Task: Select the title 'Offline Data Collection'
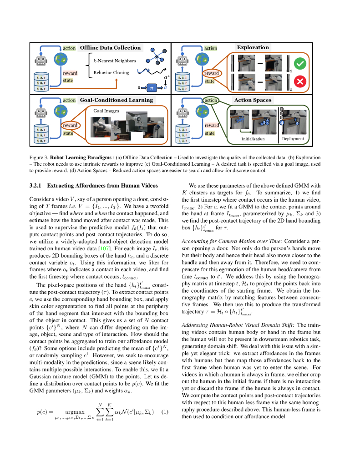point(110,47)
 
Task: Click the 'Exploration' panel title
point(253,47)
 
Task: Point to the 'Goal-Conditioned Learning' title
point(117,100)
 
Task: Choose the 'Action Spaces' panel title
point(253,100)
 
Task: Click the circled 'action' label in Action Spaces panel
point(211,101)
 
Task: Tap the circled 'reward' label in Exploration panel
point(211,73)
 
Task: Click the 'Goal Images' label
point(106,110)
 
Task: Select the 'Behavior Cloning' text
point(111,72)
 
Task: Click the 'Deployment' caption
point(293,139)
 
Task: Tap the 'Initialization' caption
point(253,139)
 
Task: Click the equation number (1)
point(165,412)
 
